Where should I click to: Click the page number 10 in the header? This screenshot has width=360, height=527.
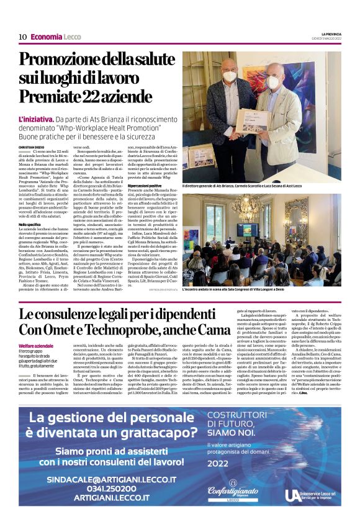point(22,37)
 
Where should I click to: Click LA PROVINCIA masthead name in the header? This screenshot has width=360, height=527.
point(328,34)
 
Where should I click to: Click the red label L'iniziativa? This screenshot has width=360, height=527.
point(35,118)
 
